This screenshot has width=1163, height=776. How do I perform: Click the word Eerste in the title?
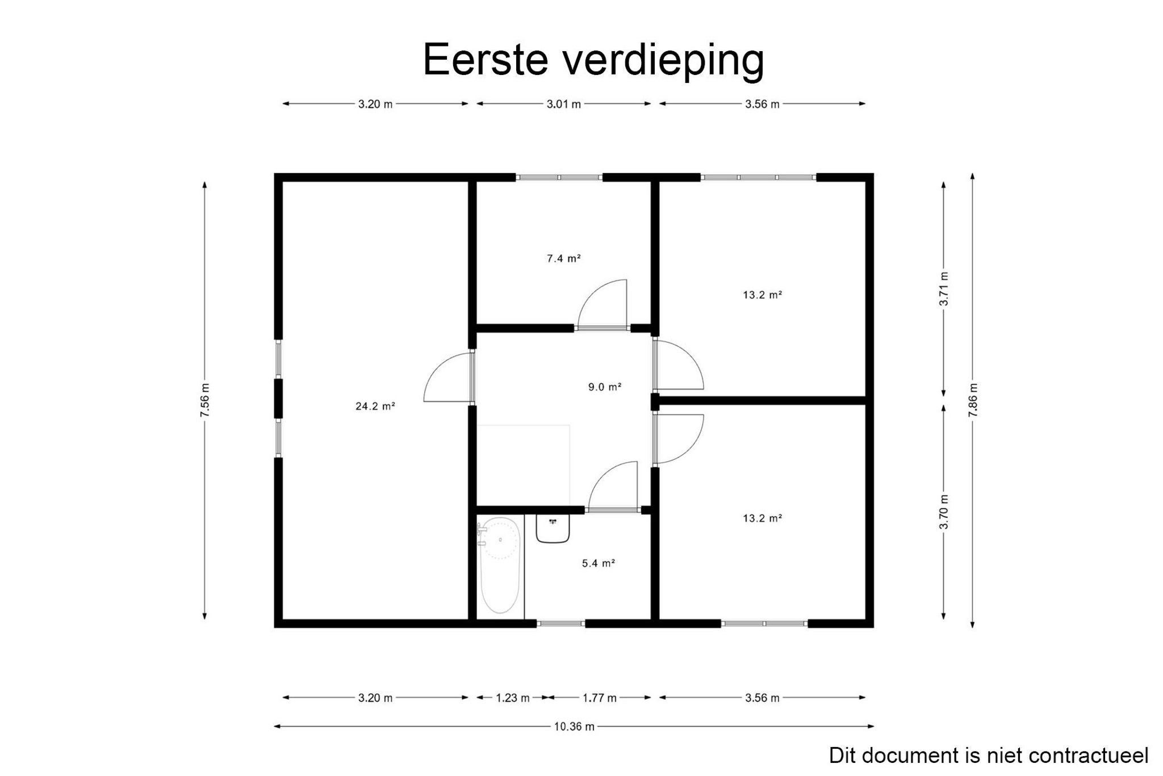click(x=486, y=59)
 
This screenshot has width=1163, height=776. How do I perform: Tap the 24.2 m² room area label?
click(x=375, y=406)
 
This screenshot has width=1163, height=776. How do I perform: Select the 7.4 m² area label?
click(x=563, y=259)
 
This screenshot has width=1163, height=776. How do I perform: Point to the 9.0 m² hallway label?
click(x=604, y=388)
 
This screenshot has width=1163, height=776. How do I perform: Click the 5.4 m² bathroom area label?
click(x=599, y=564)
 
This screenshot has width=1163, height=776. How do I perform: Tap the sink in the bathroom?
click(x=553, y=528)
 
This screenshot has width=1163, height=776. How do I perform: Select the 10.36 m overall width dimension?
click(x=574, y=727)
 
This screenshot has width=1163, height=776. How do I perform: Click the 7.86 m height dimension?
click(x=973, y=400)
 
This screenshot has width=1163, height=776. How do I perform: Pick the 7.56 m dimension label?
click(x=205, y=400)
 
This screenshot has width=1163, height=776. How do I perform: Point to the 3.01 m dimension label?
click(x=563, y=104)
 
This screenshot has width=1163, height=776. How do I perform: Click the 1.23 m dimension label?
click(x=513, y=698)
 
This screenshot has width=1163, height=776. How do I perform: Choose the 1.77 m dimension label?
click(x=599, y=698)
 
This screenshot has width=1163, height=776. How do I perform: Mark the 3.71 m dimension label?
click(x=944, y=289)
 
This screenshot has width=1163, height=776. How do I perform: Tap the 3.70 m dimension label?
click(x=944, y=512)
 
